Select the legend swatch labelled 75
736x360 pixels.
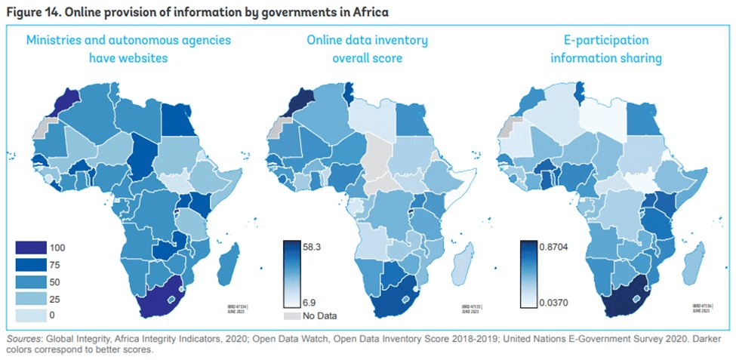click(31, 264)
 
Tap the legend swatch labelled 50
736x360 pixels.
click(31, 280)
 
